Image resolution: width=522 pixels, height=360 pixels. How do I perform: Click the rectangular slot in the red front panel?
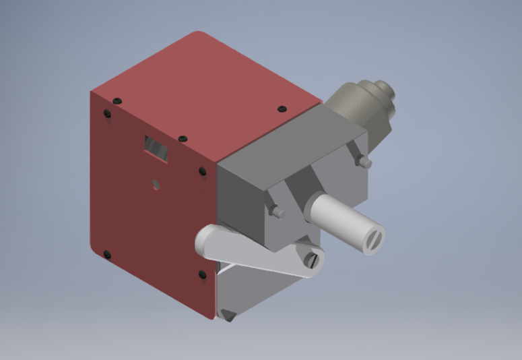[157, 147]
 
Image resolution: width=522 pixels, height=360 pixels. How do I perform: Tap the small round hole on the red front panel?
[156, 183]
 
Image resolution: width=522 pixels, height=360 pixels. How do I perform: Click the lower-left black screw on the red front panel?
[106, 254]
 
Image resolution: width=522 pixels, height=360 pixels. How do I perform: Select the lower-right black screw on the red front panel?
[202, 274]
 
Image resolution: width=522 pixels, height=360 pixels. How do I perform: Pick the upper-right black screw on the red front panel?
[203, 171]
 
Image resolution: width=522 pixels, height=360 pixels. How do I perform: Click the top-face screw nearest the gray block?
[282, 109]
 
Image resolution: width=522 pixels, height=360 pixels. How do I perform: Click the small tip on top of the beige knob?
[383, 88]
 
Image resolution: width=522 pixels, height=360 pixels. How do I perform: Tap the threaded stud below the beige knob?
[364, 162]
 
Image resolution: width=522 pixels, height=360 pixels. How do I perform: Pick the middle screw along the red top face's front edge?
[181, 139]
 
